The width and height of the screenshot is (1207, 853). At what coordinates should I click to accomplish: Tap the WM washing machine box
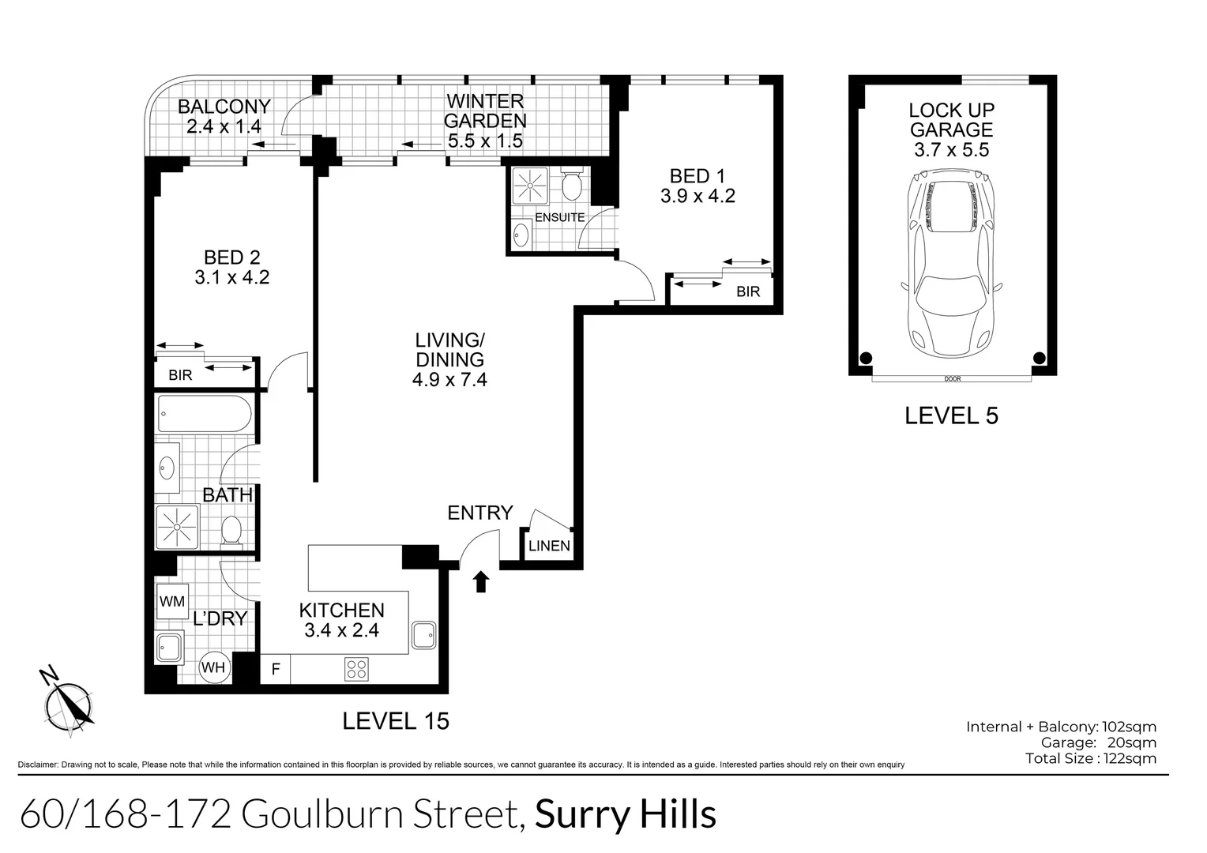(172, 602)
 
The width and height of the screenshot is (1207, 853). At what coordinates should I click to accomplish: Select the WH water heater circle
(213, 667)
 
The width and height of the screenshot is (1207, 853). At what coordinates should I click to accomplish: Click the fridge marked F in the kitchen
(276, 670)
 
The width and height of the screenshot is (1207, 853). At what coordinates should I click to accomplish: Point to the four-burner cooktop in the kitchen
(356, 669)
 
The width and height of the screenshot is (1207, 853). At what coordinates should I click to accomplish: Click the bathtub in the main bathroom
(205, 414)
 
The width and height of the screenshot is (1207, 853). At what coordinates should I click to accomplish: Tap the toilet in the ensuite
(572, 184)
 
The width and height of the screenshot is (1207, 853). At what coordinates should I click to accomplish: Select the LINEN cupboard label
(549, 546)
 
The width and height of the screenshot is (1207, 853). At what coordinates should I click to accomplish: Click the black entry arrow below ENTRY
(480, 582)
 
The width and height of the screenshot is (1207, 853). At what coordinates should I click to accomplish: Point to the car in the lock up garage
(952, 266)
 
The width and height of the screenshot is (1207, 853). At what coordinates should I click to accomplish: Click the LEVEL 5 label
(951, 415)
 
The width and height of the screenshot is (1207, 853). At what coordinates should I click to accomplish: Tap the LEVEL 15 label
(395, 720)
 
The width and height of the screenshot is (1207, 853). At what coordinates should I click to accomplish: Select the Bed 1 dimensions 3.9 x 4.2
(698, 196)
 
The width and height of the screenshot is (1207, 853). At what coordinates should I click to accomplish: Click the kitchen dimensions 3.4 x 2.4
(341, 630)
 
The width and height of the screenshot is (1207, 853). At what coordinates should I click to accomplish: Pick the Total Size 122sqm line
(1090, 759)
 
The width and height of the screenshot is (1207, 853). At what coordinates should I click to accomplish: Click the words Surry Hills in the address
(626, 815)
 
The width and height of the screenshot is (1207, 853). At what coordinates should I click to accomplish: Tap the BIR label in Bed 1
(748, 291)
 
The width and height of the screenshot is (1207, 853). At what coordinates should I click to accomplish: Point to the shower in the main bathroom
(177, 525)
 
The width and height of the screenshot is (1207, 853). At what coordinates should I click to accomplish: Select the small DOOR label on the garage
(952, 379)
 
